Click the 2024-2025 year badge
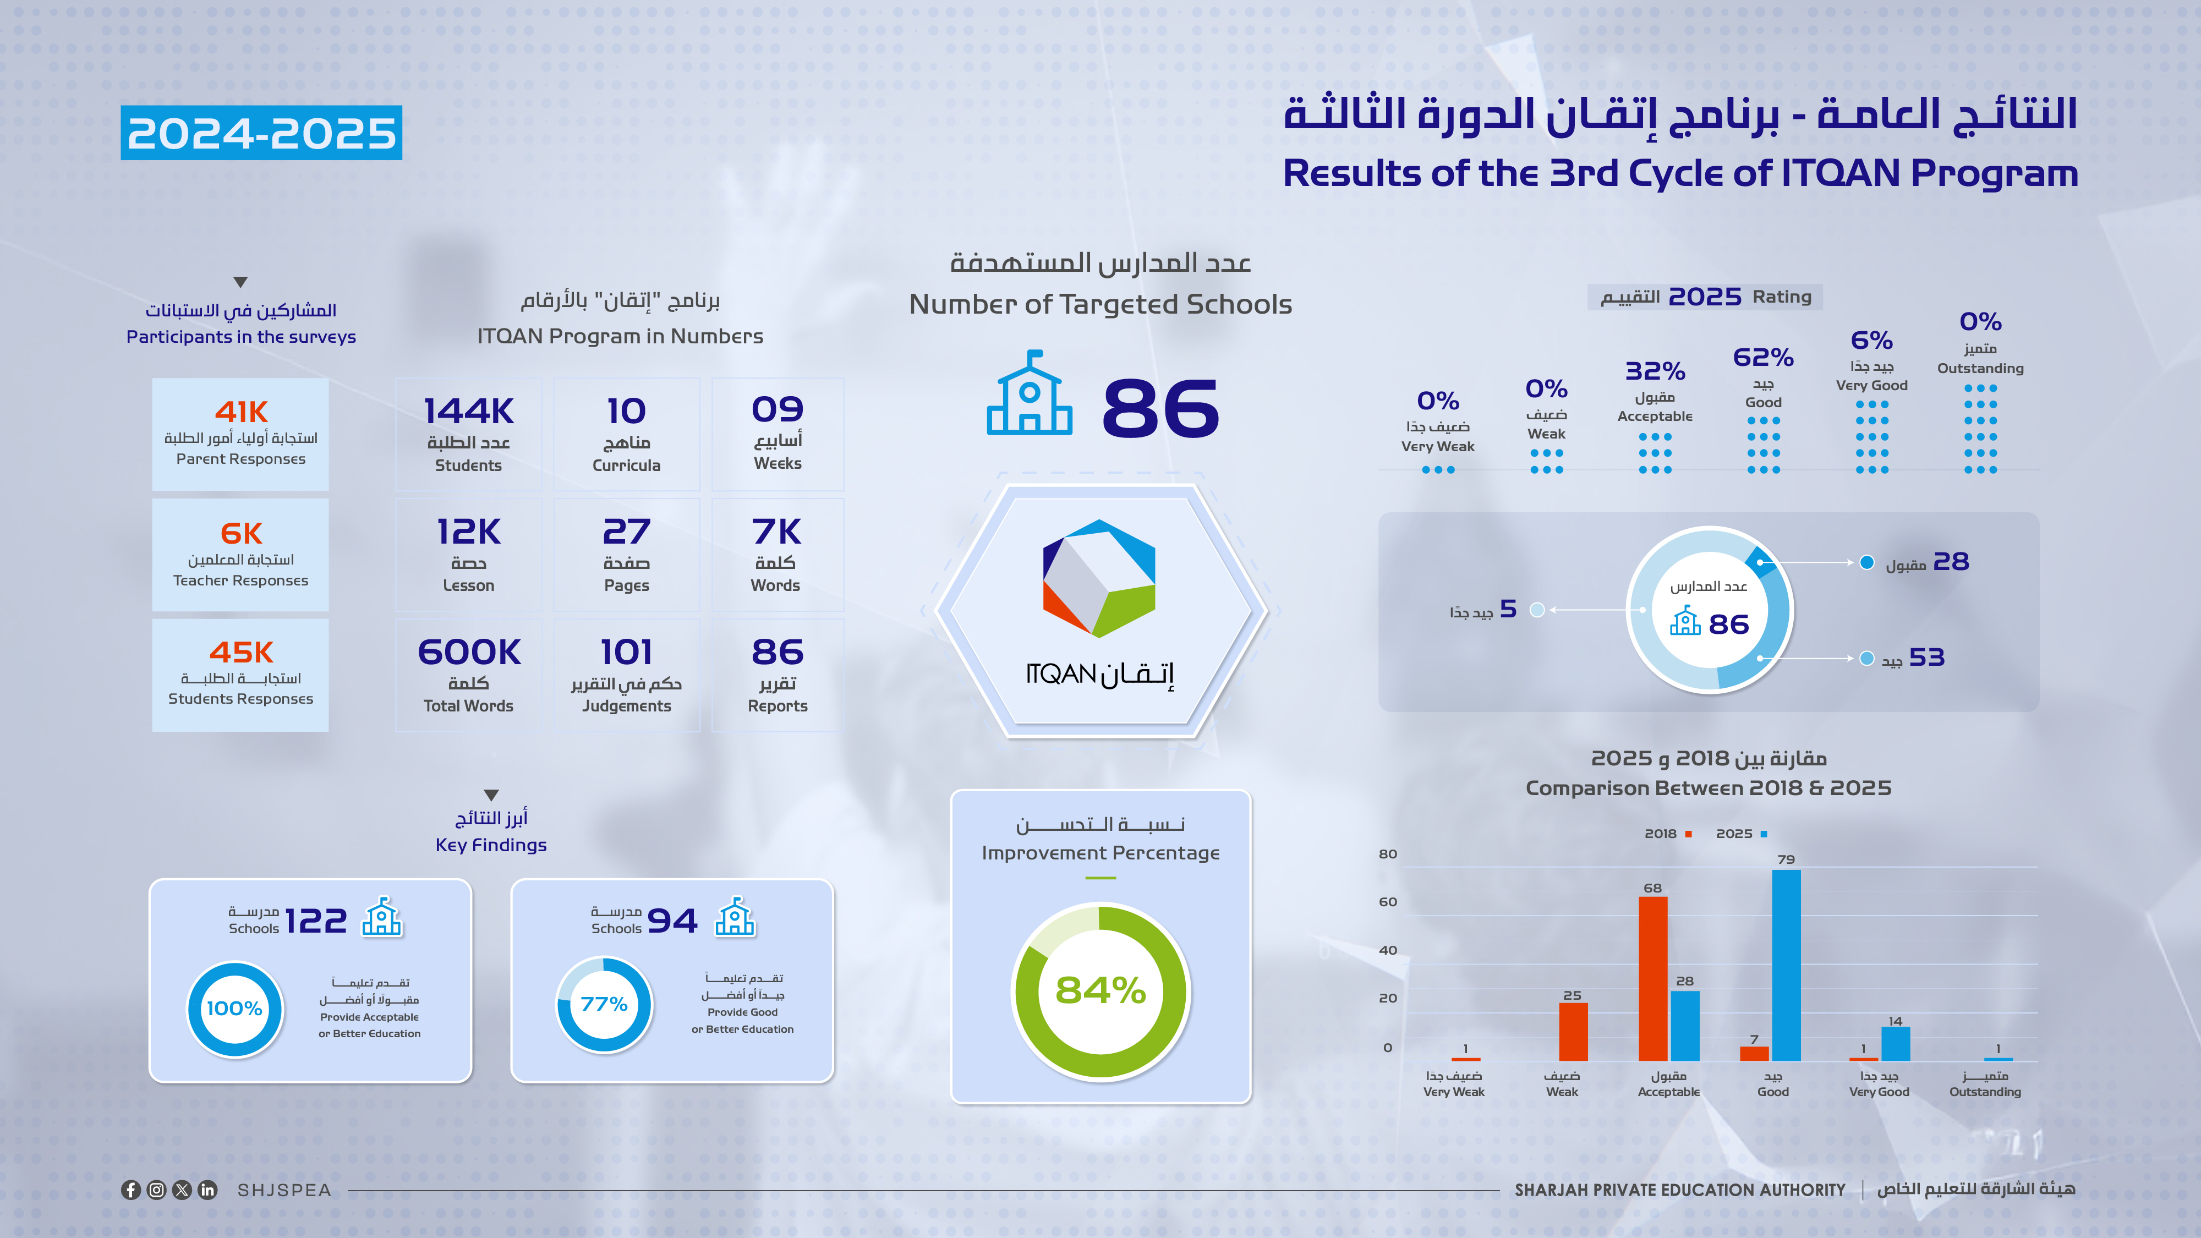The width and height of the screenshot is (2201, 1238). pos(261,133)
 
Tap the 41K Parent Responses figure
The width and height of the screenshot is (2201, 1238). pos(241,412)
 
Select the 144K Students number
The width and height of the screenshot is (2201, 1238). pos(468,411)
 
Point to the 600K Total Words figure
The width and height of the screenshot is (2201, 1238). pos(468,652)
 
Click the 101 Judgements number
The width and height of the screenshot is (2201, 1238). pos(626,652)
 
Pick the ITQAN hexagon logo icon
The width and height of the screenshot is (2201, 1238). pos(1099,578)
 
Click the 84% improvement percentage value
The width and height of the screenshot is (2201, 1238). pos(1100,990)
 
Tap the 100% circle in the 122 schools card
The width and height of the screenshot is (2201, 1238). pos(235,1009)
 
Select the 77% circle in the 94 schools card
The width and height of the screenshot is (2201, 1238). pos(604,1005)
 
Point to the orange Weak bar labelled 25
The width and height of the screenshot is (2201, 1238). pos(1573,1031)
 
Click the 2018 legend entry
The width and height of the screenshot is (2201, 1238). pos(1668,834)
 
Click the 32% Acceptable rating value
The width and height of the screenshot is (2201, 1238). pos(1655,371)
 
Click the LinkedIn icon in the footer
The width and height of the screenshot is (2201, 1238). pos(207,1190)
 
